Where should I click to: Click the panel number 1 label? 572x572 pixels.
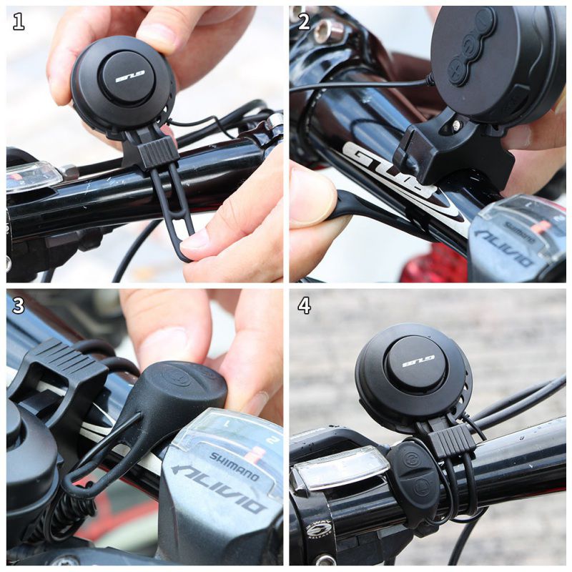(x=19, y=22)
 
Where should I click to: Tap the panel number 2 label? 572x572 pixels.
(x=304, y=22)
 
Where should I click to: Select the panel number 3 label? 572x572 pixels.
(x=19, y=305)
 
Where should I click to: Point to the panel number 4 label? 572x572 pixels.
(x=304, y=305)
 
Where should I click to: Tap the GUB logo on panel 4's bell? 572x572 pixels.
(x=418, y=362)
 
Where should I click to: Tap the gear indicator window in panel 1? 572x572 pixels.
(x=33, y=175)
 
